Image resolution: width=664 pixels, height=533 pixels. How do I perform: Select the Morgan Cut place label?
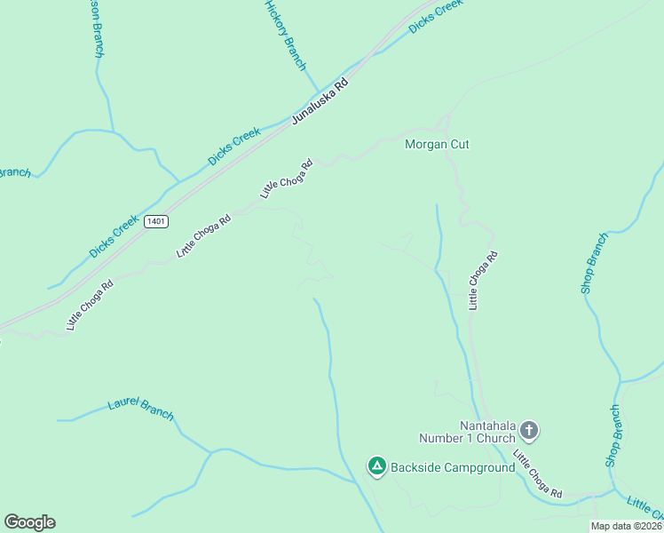pyautogui.click(x=437, y=144)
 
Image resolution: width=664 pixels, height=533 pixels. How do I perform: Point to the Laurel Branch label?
pyautogui.click(x=140, y=410)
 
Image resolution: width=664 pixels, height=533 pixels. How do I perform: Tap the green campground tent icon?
pyautogui.click(x=376, y=465)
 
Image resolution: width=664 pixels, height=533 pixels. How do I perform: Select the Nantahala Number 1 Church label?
pyautogui.click(x=468, y=431)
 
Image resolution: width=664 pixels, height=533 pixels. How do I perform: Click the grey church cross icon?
pyautogui.click(x=529, y=432)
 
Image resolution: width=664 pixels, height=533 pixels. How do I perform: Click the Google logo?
pyautogui.click(x=29, y=522)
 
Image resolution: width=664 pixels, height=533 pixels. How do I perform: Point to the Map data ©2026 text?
pyautogui.click(x=627, y=526)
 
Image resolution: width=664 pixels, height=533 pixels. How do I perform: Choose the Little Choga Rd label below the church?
pyautogui.click(x=537, y=473)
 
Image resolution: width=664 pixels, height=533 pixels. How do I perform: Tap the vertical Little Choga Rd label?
pyautogui.click(x=484, y=280)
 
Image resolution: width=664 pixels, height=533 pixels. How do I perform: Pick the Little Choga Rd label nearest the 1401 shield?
pyautogui.click(x=203, y=235)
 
